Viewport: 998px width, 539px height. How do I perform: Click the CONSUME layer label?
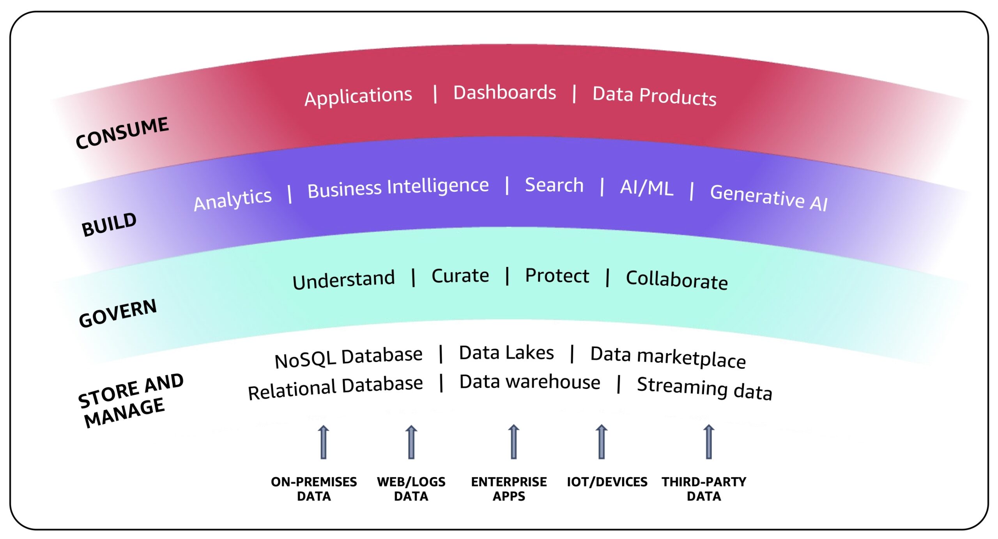(122, 133)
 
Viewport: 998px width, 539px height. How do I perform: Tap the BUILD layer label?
(109, 224)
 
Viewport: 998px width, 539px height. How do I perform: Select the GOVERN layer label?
(118, 313)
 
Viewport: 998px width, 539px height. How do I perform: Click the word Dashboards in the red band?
(504, 93)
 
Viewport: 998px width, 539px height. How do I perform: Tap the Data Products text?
(654, 96)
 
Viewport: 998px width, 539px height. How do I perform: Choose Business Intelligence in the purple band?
(398, 187)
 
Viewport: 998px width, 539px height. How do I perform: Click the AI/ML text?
(647, 187)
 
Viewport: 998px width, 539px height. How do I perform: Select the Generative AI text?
(769, 198)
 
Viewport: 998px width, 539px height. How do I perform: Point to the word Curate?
(460, 276)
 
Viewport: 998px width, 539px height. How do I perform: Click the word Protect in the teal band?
(557, 276)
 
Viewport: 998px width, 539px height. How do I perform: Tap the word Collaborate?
(677, 280)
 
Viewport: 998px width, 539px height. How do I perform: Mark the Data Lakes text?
(506, 353)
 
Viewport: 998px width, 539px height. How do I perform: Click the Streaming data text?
(704, 389)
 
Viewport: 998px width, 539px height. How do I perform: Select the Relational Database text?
(335, 387)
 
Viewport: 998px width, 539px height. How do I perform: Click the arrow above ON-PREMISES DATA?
(323, 442)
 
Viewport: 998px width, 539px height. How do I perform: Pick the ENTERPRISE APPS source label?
(509, 489)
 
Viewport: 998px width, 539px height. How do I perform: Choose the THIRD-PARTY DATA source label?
(704, 489)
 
